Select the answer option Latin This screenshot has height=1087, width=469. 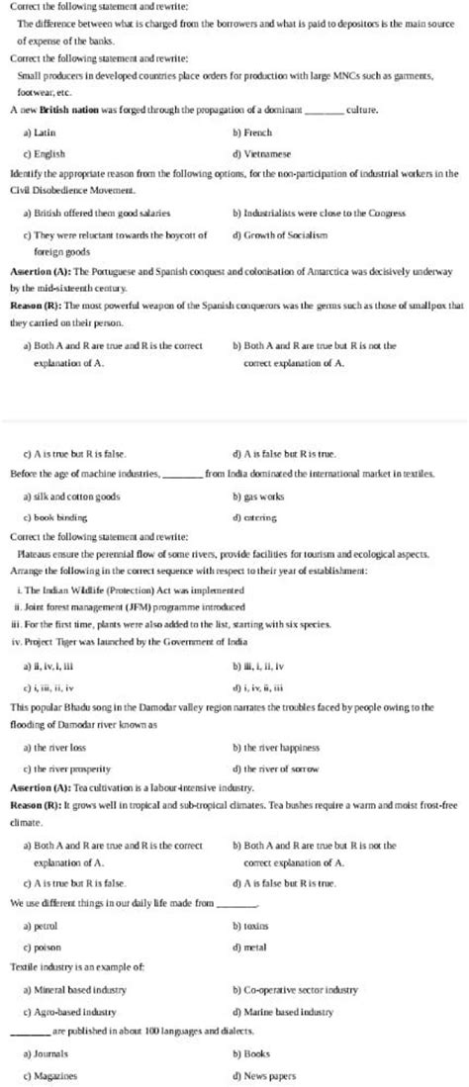[45, 131]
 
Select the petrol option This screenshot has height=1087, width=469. [46, 926]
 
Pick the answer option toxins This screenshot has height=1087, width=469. [255, 926]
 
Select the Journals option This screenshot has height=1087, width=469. [49, 1054]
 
